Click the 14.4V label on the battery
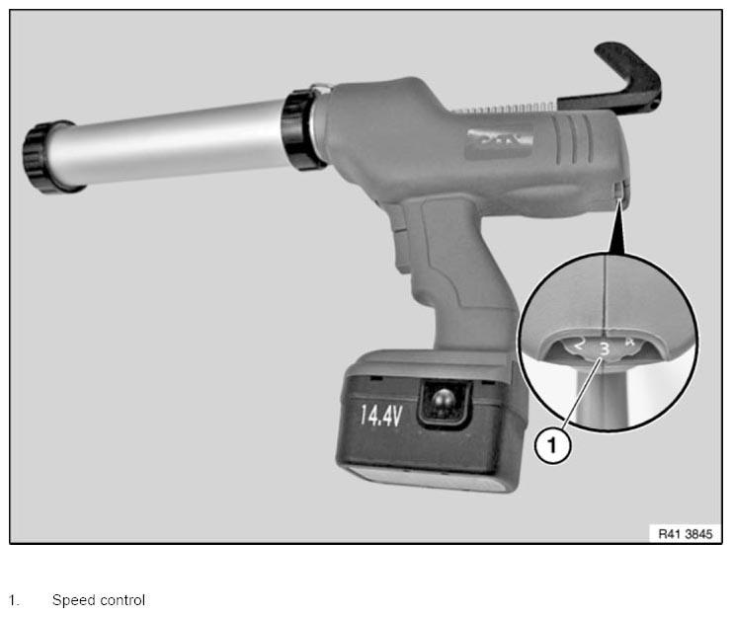point(381,415)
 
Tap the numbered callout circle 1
point(552,446)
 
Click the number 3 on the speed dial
point(605,348)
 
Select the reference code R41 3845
point(685,533)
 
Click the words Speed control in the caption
point(99,600)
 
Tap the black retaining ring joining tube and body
point(301,128)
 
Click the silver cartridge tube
point(169,141)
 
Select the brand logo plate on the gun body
point(499,141)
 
